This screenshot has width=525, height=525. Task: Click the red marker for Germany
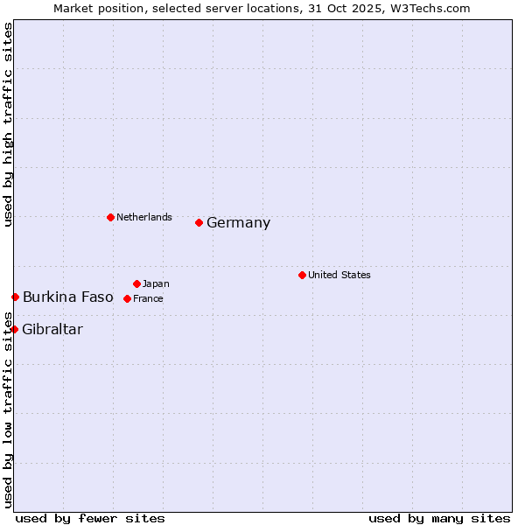point(199,222)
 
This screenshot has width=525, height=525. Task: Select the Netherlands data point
point(110,217)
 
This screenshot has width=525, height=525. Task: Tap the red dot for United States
point(302,275)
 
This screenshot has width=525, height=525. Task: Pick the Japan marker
point(136,283)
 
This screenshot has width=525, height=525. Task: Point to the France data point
point(127,298)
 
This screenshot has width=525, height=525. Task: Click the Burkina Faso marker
point(15,297)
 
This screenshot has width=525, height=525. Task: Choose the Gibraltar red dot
point(14,329)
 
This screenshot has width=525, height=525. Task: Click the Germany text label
point(238,223)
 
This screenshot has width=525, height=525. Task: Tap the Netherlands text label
point(144,217)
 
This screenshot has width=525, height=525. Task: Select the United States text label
point(339,275)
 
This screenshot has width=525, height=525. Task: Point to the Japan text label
point(156,283)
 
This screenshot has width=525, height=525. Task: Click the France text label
point(148,298)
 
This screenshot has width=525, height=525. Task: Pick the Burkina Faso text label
point(68,297)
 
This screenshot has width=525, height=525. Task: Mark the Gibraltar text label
point(52,330)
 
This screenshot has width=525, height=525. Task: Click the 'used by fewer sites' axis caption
point(90,518)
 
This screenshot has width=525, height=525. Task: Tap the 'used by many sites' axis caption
point(439,518)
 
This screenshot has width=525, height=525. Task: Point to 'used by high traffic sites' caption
point(9,124)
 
